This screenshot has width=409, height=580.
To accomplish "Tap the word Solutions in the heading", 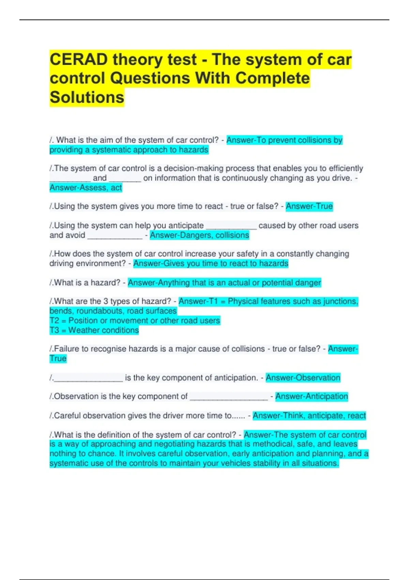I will (x=87, y=97).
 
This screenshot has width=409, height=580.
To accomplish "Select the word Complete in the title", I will (x=273, y=78).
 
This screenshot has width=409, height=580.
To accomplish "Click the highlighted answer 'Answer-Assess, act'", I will (x=86, y=188).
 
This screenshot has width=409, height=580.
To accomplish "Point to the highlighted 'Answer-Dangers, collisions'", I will (x=199, y=235).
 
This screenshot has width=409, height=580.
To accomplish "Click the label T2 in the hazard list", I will (x=54, y=321).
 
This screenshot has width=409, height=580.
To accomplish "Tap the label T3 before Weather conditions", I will (x=54, y=330).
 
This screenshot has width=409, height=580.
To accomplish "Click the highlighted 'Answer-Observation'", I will (x=303, y=378).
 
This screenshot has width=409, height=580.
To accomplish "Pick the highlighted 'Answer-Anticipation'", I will (x=312, y=396).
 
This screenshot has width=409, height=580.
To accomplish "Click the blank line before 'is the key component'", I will (x=88, y=379).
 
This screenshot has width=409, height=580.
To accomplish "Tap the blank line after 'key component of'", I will (x=229, y=397).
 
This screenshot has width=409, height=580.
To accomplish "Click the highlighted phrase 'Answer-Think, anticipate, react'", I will (x=309, y=416).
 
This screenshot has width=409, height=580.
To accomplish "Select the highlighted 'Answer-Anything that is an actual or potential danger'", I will (x=224, y=282).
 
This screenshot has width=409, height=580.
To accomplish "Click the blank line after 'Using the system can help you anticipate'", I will (x=231, y=227).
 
